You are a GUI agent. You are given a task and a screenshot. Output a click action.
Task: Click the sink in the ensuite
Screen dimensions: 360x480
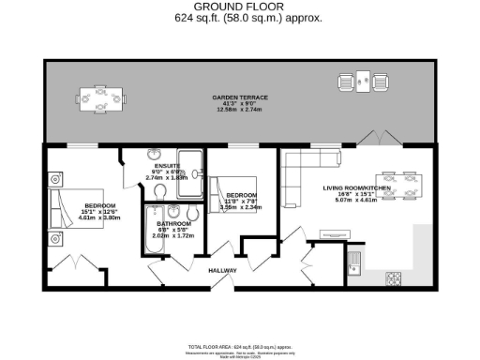click(157, 157)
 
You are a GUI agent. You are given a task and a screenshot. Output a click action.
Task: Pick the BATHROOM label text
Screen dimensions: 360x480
click(174, 224)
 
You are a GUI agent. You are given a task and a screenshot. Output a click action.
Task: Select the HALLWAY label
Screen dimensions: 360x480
click(223, 271)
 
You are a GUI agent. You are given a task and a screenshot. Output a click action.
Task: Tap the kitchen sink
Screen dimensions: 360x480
click(355, 258)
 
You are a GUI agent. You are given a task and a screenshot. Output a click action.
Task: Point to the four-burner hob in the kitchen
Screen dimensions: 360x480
click(395, 278)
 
